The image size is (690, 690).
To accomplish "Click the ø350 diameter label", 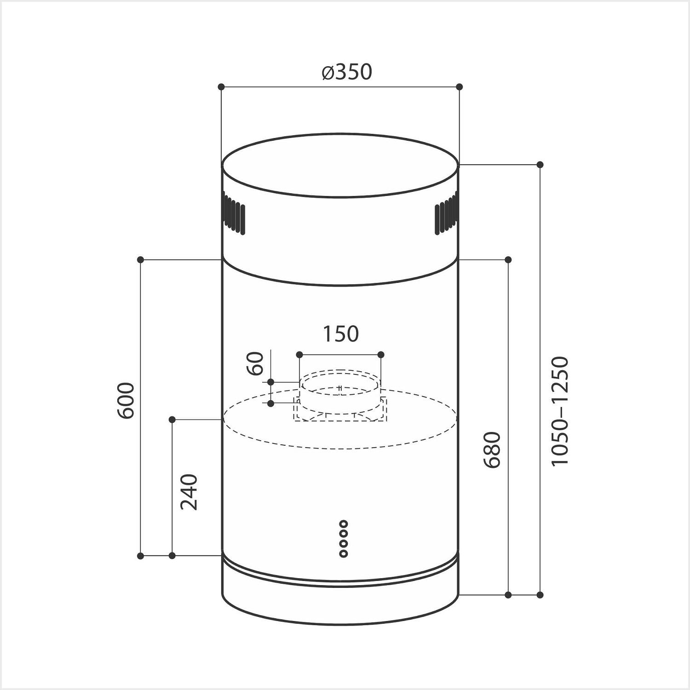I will [340, 72].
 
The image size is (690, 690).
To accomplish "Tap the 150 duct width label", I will [340, 334].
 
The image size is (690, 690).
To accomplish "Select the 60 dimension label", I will [256, 363].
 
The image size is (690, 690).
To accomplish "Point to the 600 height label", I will [126, 400].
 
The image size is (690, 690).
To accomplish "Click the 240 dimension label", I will [189, 492].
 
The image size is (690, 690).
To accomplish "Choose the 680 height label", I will [492, 450].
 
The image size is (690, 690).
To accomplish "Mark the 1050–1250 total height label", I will [560, 411].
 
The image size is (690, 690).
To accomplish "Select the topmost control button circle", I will [344, 523].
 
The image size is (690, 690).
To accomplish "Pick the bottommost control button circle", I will [344, 554].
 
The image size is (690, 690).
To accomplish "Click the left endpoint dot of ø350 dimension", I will [221, 86].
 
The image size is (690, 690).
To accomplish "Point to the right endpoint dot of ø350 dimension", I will [459, 86].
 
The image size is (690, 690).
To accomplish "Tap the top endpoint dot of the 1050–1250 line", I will [540, 165].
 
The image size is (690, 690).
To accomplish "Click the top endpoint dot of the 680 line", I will [508, 260].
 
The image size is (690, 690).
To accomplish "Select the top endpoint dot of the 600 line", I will [141, 260].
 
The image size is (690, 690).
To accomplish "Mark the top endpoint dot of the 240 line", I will [172, 420].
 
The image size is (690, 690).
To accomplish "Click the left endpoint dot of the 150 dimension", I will [299, 355].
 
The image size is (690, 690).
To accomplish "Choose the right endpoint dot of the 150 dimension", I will [381, 355].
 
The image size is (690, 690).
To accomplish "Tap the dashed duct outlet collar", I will [340, 391].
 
